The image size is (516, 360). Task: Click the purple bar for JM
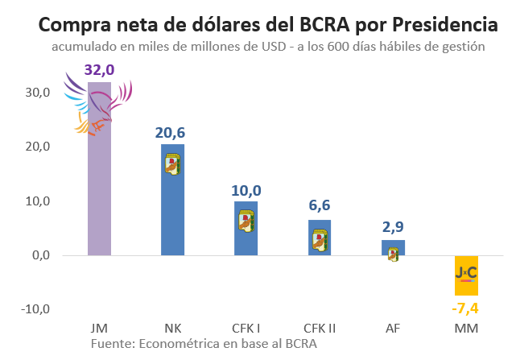click(x=99, y=168)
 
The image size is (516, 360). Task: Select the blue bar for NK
click(x=173, y=200)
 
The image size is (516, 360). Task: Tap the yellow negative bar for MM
click(x=466, y=275)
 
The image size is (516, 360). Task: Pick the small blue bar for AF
click(x=394, y=248)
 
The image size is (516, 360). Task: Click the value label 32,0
click(x=99, y=70)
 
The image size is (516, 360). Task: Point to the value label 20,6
click(x=170, y=133)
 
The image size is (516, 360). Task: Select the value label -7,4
click(x=465, y=308)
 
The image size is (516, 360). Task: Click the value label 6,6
click(x=320, y=205)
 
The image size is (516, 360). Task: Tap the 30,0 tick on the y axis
click(x=38, y=93)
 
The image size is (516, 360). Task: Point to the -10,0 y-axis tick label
click(x=35, y=309)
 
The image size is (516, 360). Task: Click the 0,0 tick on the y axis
click(x=41, y=255)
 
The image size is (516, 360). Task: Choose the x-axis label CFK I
click(x=246, y=329)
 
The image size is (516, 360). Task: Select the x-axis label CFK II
click(x=320, y=329)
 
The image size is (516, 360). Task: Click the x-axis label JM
click(x=99, y=329)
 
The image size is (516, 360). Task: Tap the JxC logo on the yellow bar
click(x=466, y=274)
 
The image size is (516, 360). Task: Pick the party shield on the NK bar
click(x=173, y=164)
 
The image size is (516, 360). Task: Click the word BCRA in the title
click(x=324, y=24)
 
